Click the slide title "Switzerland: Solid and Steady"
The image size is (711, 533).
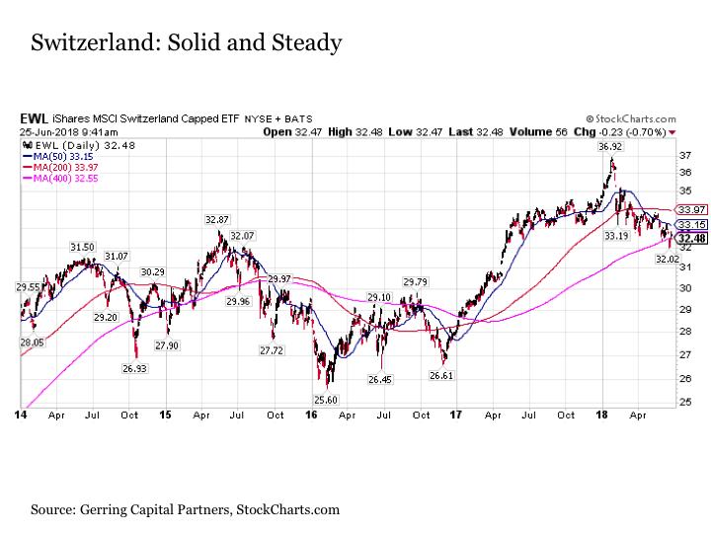click(186, 43)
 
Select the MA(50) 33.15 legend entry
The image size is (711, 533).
click(58, 156)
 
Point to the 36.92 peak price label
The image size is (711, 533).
click(609, 146)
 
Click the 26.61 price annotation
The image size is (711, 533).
click(441, 375)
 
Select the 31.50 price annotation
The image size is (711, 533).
click(82, 247)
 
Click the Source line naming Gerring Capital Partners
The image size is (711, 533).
click(185, 509)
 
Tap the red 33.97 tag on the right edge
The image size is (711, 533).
click(691, 210)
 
